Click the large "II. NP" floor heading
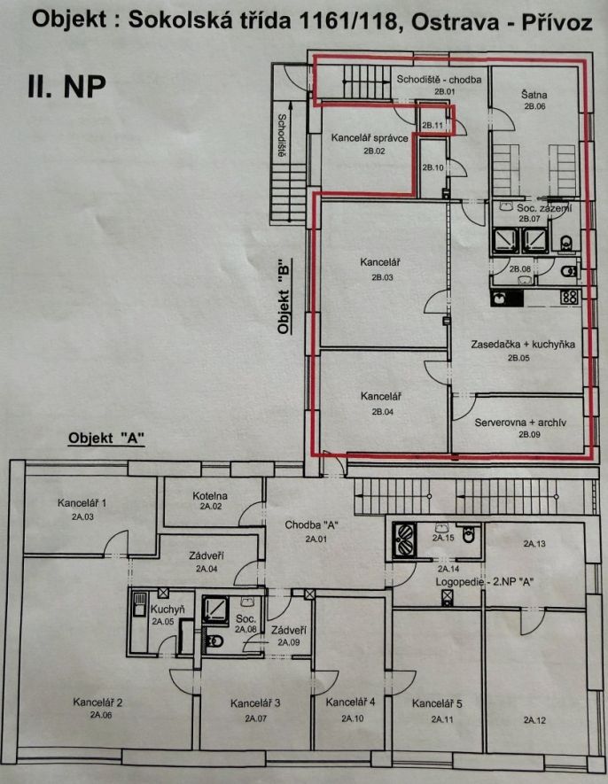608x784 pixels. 66,87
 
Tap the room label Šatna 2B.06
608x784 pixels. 534,99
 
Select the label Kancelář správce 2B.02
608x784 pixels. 370,144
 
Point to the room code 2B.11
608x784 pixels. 433,126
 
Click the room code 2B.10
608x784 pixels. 433,167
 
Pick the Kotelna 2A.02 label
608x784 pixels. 210,500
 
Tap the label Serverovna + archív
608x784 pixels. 520,423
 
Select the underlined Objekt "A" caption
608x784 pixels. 106,439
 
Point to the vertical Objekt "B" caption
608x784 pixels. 284,296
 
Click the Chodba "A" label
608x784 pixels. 312,525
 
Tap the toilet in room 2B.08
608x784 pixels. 569,272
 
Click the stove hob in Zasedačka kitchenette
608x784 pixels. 570,297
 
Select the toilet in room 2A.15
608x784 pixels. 468,534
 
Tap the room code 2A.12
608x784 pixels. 534,720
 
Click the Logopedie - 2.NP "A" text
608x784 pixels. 485,582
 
